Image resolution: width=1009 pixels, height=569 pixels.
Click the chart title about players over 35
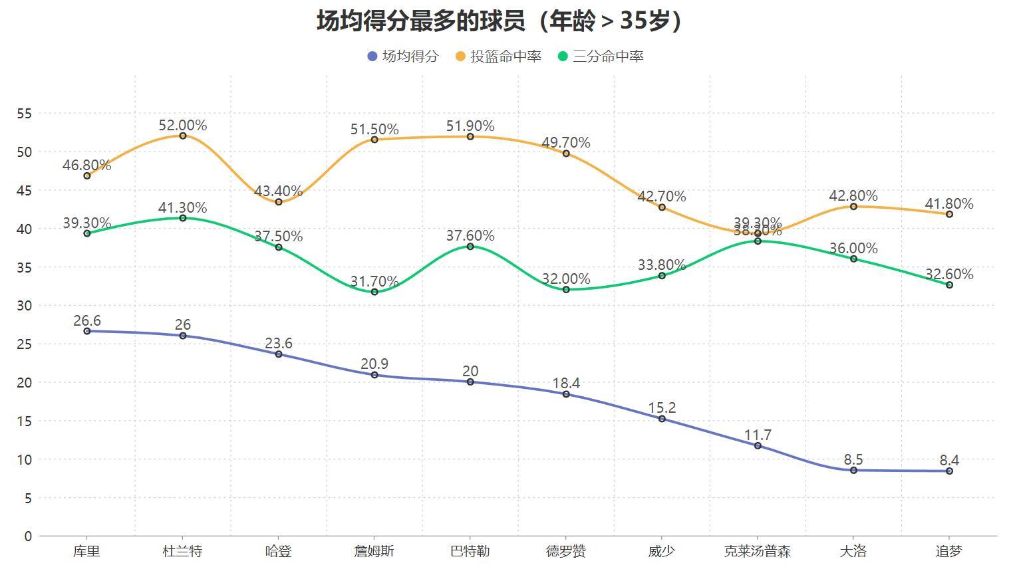tap(500, 21)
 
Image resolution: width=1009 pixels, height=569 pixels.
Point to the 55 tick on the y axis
tap(24, 114)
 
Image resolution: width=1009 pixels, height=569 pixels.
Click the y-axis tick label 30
tap(24, 306)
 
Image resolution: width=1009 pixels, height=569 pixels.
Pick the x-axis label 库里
tap(86, 551)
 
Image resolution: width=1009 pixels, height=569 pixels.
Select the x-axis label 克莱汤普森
tap(757, 551)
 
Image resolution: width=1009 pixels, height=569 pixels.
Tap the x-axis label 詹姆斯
tap(374, 551)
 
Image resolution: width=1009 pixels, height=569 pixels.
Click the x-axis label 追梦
tap(948, 551)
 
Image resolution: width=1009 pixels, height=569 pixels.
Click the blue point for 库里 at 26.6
tap(87, 331)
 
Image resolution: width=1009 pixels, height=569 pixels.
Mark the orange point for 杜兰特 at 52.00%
tap(183, 136)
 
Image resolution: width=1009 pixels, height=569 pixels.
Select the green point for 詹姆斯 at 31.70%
tap(374, 292)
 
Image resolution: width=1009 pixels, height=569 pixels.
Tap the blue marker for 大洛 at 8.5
tap(853, 470)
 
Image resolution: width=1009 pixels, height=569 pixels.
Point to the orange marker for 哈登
tap(279, 202)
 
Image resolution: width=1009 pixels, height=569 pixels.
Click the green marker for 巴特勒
tap(470, 247)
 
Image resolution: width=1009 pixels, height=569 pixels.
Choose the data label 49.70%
tap(566, 142)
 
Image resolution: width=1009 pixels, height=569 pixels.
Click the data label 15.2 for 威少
tap(662, 407)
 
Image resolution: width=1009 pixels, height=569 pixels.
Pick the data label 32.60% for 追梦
tap(949, 274)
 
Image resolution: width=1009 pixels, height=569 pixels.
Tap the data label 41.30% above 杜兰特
tap(183, 207)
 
